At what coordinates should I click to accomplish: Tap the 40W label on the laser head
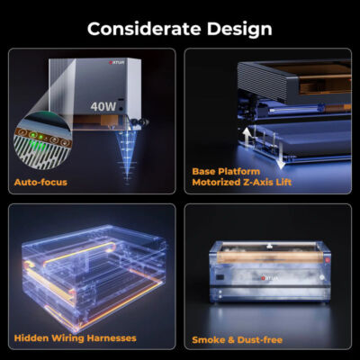[103, 104]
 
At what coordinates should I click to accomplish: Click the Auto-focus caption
[40, 182]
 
